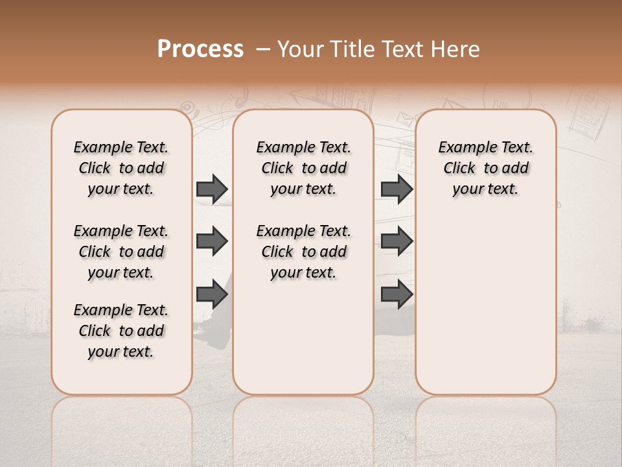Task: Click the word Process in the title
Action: coord(200,49)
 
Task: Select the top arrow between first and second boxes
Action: coord(212,189)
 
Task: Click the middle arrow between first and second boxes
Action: coord(212,242)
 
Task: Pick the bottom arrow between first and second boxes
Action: coord(212,294)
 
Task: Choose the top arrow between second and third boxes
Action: coord(397,189)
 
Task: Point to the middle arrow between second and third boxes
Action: coord(397,242)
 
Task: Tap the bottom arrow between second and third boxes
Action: coord(397,294)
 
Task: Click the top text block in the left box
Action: coord(121,168)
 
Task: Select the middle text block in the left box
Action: coord(121,252)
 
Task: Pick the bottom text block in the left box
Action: coord(121,331)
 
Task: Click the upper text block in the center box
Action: coord(303,168)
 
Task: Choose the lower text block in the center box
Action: coord(303,252)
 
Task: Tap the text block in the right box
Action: coord(485,168)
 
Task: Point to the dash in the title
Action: coord(262,49)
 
